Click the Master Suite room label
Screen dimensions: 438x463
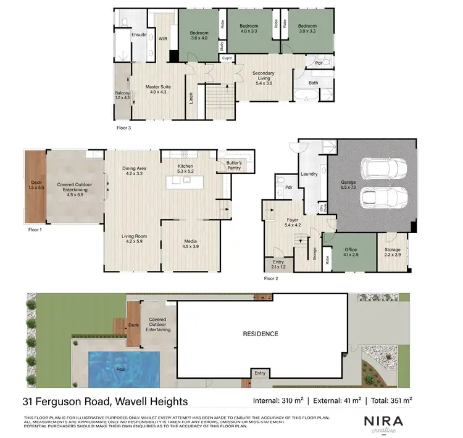(x=158, y=89)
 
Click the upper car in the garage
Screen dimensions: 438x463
(x=381, y=167)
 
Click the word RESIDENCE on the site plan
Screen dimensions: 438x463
(x=260, y=334)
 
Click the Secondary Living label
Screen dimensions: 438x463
(x=263, y=76)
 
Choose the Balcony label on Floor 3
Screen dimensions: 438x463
(x=123, y=96)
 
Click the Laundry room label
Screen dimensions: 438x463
(x=309, y=174)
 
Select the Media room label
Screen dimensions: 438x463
(x=190, y=244)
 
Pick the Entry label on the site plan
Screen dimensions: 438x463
(x=260, y=373)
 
